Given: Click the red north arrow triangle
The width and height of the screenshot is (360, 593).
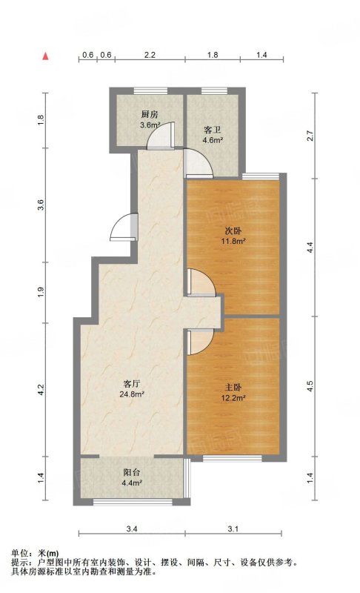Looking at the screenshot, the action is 46,56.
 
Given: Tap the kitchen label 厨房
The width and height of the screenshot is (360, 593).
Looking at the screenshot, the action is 150,115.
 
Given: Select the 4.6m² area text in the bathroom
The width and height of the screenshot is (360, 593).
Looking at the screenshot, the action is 213,141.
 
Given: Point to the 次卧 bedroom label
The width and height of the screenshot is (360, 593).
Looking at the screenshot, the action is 233,231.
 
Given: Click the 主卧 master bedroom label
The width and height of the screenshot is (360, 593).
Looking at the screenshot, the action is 233,388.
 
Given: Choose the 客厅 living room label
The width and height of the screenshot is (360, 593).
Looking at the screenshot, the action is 132,384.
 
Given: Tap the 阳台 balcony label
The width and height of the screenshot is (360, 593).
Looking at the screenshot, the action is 132,472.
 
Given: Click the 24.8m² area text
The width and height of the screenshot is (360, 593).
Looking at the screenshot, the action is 132,394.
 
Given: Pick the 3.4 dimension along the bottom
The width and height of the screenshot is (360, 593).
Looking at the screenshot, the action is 131,529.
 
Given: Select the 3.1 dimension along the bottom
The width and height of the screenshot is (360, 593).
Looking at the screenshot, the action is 233,529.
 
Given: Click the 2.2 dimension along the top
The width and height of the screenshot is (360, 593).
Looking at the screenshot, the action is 150,55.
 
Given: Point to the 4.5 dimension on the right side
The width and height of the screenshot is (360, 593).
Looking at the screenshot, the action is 310,386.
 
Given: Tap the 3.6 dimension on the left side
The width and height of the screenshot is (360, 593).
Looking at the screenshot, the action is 41,205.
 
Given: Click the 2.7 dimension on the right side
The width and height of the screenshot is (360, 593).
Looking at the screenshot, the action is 310,136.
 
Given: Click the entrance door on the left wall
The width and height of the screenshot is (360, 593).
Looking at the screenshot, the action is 124,227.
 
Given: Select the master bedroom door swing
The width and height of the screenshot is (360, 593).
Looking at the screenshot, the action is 201,342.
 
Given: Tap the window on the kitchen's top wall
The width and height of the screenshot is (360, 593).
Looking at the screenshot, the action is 150,90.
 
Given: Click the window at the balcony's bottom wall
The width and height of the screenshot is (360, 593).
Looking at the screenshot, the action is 133,503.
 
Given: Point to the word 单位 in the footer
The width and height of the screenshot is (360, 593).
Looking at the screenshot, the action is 20,553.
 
